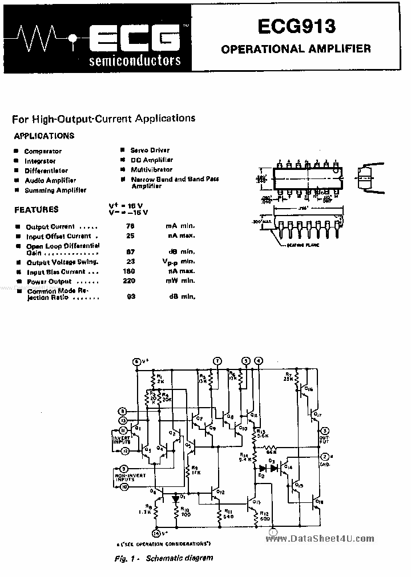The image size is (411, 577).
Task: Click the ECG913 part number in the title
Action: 296,27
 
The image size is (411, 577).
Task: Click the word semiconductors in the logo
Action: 135,60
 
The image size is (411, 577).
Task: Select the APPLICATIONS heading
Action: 44,136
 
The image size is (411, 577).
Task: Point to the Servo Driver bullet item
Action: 150,150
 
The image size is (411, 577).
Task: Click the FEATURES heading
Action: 37,210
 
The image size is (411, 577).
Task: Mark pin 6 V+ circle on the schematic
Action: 136,361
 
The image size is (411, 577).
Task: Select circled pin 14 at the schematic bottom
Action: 155,533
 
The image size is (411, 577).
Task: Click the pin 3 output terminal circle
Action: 324,430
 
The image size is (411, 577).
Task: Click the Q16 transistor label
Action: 308,389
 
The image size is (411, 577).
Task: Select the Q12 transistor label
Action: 220,491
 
